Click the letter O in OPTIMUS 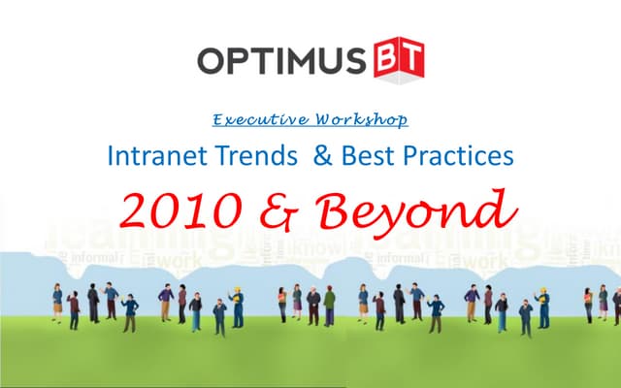click(x=214, y=60)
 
